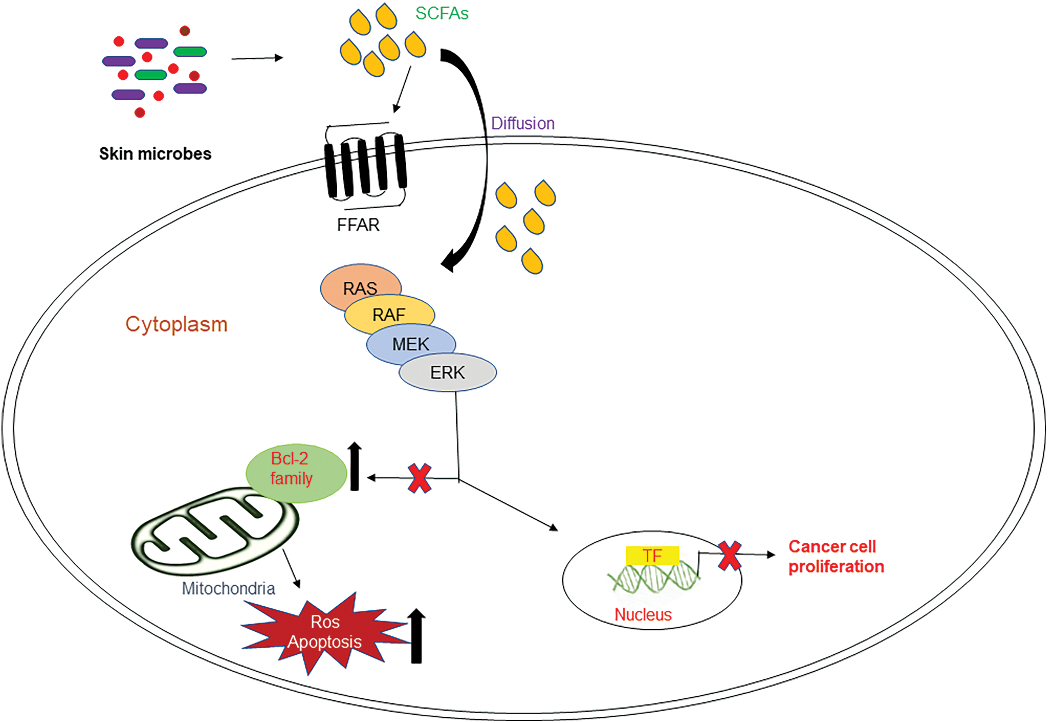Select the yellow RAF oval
(389, 315)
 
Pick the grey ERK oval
(448, 372)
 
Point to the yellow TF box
(653, 555)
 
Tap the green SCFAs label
(442, 14)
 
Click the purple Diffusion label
(523, 123)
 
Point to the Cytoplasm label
(176, 324)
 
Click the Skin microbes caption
(155, 154)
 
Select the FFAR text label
(358, 225)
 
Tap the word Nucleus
(643, 614)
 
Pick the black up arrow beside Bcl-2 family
(355, 466)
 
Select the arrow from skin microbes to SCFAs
(257, 58)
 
